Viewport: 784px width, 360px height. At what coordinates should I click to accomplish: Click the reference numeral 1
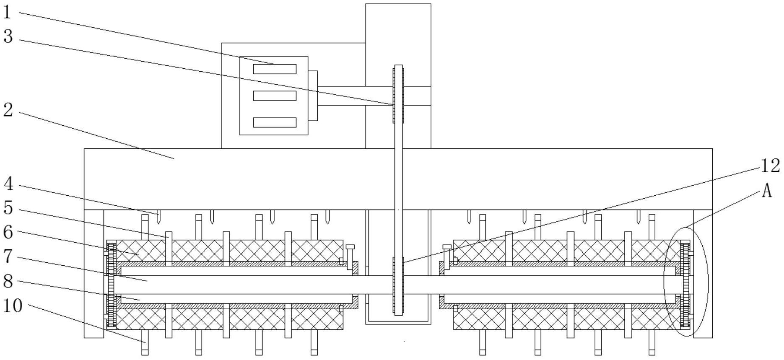tap(7, 12)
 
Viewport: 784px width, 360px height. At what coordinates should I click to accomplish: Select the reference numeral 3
tap(8, 36)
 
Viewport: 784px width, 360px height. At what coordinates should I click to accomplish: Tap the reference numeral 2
tap(8, 110)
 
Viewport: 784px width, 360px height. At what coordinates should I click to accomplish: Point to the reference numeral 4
tap(8, 184)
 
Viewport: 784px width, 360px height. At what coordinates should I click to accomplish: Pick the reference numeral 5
tap(8, 208)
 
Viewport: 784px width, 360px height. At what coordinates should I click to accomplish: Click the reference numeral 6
tap(8, 232)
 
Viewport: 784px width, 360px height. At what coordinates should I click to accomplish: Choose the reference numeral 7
tap(8, 256)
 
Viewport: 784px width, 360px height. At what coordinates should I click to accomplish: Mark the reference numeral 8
tap(8, 281)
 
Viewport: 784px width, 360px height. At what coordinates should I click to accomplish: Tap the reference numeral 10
tap(13, 306)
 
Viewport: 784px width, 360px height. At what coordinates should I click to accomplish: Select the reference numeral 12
tap(770, 166)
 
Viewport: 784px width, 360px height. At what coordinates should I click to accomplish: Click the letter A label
tap(766, 191)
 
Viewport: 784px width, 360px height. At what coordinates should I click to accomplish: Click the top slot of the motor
tap(275, 69)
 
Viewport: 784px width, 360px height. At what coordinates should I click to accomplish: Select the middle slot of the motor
tap(275, 96)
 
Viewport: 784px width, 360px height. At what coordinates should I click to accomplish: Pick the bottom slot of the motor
tap(275, 122)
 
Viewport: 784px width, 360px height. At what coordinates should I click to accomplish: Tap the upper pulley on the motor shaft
tap(398, 94)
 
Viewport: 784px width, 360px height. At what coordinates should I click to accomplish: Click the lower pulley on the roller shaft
tap(398, 286)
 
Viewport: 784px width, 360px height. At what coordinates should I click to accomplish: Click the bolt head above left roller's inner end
tap(350, 247)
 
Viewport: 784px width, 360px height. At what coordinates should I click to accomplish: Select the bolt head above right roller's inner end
tap(447, 247)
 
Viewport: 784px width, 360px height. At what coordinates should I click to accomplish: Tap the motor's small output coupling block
tap(313, 96)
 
